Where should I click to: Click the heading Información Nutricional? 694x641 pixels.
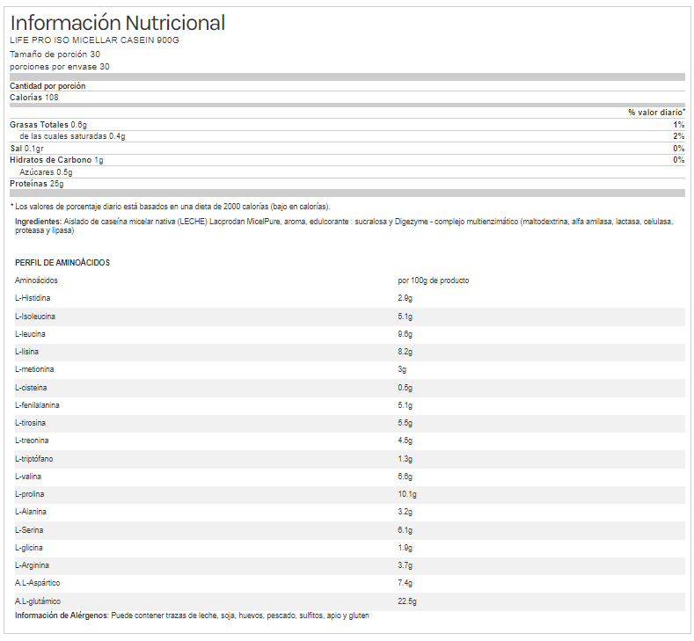tap(117, 23)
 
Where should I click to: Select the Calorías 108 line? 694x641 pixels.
tap(34, 98)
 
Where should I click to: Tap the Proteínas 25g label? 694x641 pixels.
tap(37, 184)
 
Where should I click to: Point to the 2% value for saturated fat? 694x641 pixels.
tap(679, 136)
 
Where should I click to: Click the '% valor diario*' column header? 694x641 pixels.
tap(656, 113)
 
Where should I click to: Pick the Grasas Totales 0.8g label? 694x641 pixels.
tap(48, 125)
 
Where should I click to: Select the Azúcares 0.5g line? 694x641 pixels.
tap(46, 172)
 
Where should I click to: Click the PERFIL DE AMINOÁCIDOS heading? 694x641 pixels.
tap(62, 262)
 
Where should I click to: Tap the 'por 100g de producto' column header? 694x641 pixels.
tap(434, 280)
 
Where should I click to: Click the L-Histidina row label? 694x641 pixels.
tap(33, 298)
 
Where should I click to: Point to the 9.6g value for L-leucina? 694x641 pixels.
tap(405, 334)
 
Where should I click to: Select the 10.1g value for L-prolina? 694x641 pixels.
tap(407, 494)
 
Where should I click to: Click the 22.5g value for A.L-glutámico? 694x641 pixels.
tap(407, 601)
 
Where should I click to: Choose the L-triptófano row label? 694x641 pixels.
tap(34, 459)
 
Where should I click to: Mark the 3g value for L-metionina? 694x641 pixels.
tap(402, 369)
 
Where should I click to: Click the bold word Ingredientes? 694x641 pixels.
tap(38, 222)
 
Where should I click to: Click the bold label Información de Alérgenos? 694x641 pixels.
tap(61, 616)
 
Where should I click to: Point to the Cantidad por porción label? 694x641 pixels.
tap(47, 86)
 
